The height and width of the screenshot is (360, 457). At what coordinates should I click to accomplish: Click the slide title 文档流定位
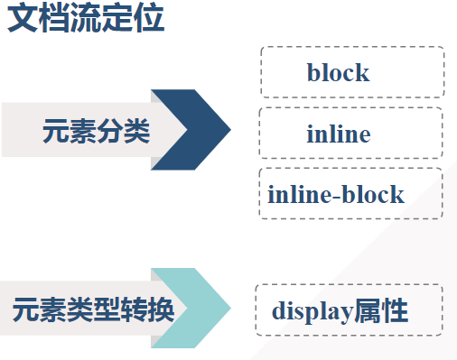coord(86,19)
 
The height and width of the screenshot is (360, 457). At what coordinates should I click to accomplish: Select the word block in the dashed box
coord(338,72)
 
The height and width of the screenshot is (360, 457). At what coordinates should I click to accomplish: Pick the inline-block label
coord(336,194)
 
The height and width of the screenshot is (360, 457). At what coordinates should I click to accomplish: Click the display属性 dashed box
coord(349,312)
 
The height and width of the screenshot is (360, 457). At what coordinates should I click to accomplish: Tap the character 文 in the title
coord(23,19)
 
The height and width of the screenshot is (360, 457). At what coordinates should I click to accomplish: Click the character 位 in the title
coord(149,19)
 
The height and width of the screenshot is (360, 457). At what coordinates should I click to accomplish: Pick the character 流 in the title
coord(86,19)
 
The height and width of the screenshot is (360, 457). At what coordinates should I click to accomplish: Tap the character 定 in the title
coord(117,19)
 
